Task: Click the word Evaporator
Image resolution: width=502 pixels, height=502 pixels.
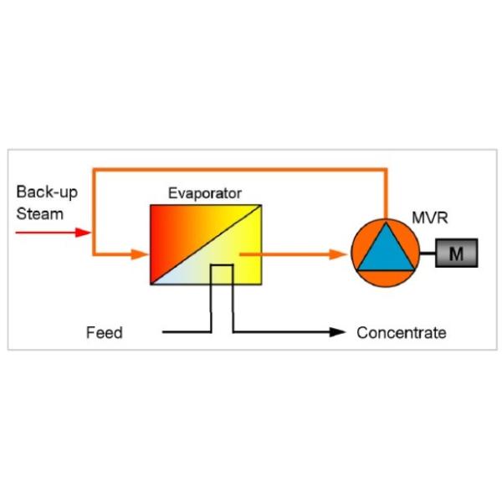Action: [205, 193]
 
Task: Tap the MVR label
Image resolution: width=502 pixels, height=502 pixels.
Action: [430, 218]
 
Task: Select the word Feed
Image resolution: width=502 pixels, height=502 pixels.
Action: [105, 333]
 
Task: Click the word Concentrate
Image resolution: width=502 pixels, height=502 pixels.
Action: [402, 333]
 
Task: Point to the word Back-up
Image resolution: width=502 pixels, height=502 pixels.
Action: [47, 192]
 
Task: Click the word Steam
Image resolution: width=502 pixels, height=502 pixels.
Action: [39, 214]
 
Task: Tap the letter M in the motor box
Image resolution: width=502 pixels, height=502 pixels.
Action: [456, 254]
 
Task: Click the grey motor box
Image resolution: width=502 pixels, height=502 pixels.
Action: [457, 253]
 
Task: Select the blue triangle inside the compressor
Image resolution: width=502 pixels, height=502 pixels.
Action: [386, 249]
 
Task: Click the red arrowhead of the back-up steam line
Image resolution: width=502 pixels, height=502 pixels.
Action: [83, 233]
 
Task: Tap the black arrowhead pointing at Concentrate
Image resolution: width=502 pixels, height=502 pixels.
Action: [337, 332]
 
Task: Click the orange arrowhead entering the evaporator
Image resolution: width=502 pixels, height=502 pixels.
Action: [140, 254]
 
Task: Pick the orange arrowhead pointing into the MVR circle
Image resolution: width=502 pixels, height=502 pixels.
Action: [339, 254]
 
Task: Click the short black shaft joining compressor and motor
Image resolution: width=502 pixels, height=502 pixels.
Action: [428, 254]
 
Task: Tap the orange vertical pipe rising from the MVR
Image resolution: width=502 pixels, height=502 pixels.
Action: [386, 194]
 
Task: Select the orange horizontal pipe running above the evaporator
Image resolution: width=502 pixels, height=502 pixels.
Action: [240, 170]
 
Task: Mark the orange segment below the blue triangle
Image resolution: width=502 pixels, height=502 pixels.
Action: [386, 278]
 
